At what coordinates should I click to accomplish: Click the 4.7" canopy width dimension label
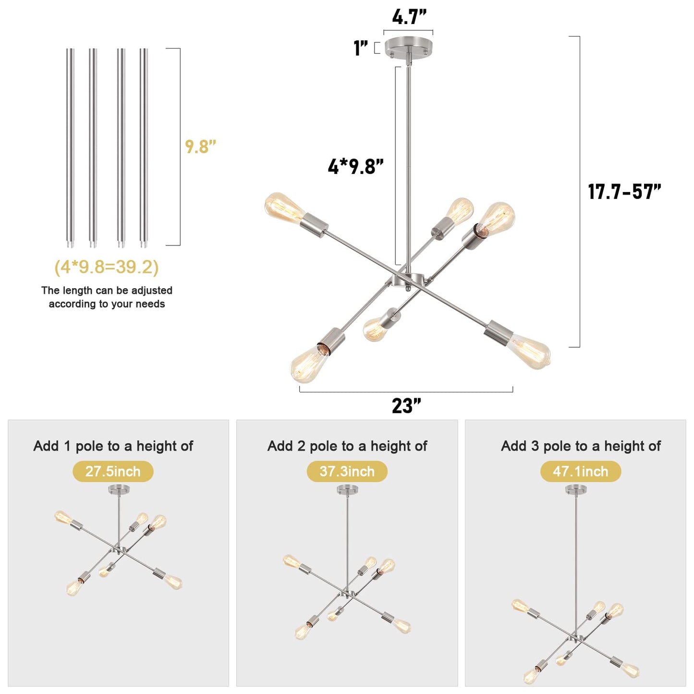coord(409,17)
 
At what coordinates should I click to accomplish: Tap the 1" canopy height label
coord(361,48)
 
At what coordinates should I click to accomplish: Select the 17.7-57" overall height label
coord(624,192)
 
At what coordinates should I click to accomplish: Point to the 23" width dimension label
coord(406,406)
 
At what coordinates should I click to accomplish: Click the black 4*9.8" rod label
coord(355,167)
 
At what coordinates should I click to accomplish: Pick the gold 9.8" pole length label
coord(200,146)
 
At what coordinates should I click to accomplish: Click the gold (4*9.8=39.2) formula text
coord(107,268)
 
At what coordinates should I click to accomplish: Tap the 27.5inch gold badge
coord(113,472)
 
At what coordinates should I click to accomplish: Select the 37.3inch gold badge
coord(347,472)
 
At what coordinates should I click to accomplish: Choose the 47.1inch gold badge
coord(581,472)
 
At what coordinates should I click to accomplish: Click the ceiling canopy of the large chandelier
coord(408,46)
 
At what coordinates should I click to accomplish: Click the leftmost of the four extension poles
coord(71,147)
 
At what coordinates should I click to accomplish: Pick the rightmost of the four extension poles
coord(144,147)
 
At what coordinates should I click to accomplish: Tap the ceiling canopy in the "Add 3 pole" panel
coord(576,489)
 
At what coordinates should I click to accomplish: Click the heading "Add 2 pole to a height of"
coord(347,446)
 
